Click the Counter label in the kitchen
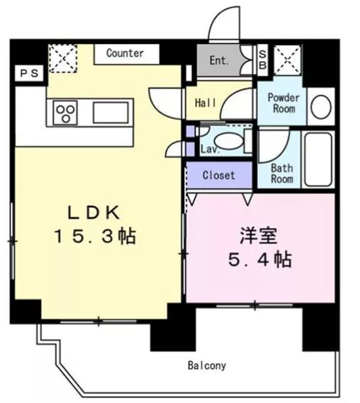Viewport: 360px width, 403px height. point(125,54)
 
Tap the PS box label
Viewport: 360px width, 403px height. point(29,74)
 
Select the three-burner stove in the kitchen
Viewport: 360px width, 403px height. point(65,113)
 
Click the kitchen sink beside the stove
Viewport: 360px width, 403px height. point(111,112)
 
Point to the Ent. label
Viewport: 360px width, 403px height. point(219,61)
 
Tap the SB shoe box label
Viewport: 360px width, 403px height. point(263,60)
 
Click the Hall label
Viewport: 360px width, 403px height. point(206,103)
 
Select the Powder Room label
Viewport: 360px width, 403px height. point(284,103)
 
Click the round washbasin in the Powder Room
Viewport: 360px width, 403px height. point(321,106)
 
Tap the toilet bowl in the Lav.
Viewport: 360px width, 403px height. point(228,142)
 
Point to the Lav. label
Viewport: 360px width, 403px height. point(210,149)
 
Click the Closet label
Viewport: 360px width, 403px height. point(219,175)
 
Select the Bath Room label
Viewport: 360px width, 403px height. point(282,174)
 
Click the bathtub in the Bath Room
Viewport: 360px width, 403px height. point(318,159)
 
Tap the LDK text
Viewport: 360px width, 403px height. point(93,213)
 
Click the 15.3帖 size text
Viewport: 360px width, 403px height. point(95,236)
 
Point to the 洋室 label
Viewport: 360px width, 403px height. point(258,236)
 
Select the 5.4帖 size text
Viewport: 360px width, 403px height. point(260,259)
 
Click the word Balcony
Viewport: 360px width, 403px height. point(207,366)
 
